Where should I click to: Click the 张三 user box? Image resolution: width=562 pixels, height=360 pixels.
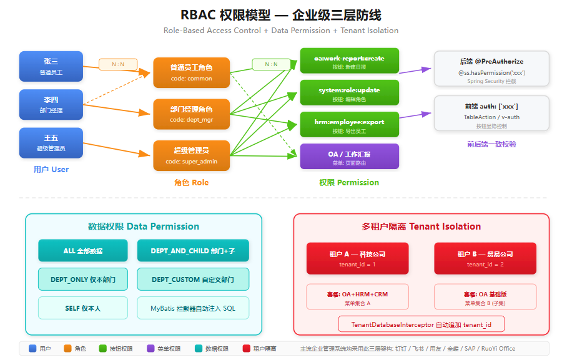click(51, 66)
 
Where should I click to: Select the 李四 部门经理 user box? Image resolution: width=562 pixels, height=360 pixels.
click(51, 105)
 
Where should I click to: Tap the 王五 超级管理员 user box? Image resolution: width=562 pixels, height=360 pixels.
click(51, 143)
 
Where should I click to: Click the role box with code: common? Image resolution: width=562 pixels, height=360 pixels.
click(191, 72)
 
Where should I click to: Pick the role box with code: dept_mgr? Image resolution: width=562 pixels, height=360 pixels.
click(191, 114)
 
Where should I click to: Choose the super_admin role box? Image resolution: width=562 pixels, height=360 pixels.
click(191, 155)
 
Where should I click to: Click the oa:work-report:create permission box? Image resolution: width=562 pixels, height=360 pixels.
click(349, 62)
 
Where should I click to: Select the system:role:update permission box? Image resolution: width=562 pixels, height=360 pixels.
click(349, 94)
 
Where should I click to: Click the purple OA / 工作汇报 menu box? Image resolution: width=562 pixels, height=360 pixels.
click(349, 157)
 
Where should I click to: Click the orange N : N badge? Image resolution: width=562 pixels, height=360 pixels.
click(118, 64)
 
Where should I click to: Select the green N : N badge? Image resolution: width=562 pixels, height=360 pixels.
click(271, 64)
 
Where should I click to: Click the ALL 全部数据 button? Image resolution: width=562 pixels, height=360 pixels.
click(83, 251)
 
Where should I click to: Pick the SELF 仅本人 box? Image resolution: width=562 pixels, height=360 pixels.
click(83, 308)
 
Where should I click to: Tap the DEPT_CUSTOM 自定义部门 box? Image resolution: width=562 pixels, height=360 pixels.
click(193, 280)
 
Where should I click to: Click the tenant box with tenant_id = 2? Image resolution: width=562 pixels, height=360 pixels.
click(485, 258)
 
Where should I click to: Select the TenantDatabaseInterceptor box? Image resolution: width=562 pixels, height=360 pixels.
click(421, 324)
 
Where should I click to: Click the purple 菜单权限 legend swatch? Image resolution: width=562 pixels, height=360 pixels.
click(150, 349)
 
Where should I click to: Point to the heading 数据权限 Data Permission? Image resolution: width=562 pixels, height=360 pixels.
click(144, 226)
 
